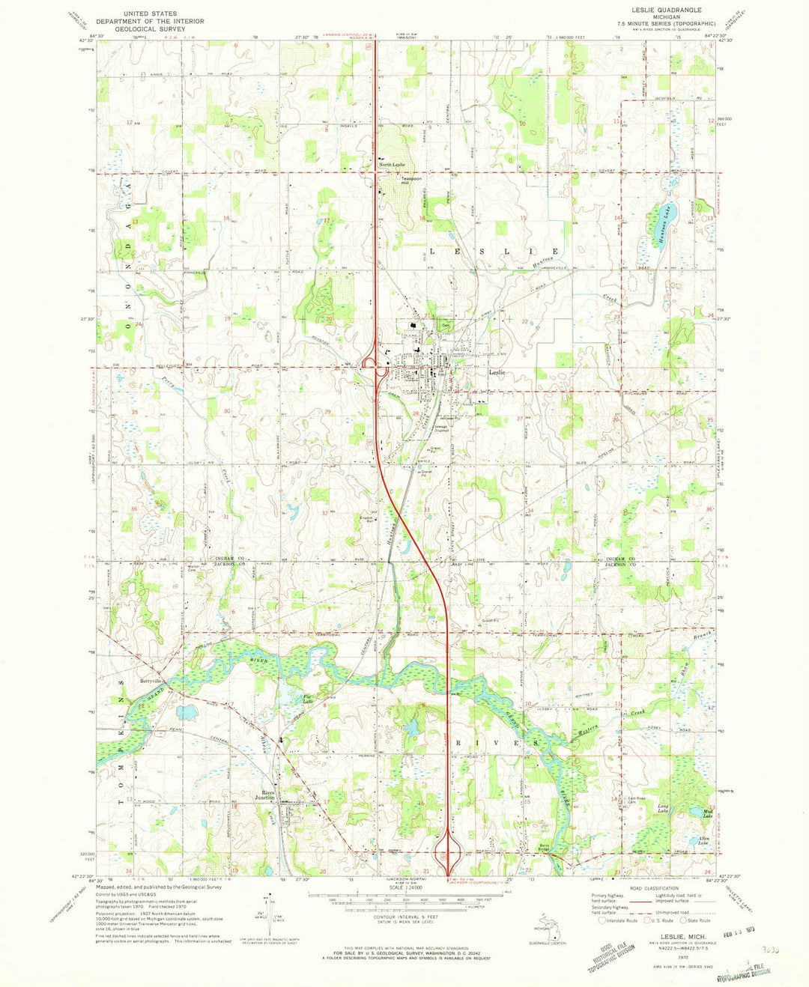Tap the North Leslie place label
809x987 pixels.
[391, 165]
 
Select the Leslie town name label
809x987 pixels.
[497, 372]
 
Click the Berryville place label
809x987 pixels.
[151, 681]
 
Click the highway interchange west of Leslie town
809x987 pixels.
[372, 366]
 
